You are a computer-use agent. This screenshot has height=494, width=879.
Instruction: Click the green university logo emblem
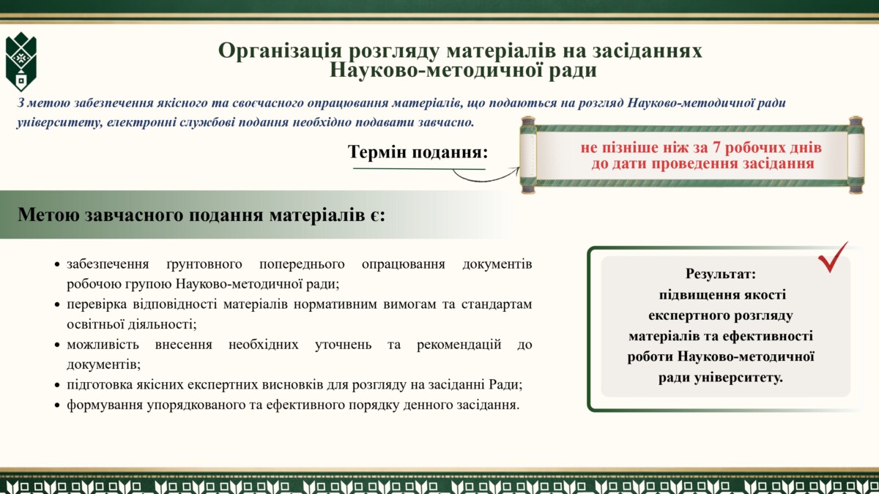click(21, 62)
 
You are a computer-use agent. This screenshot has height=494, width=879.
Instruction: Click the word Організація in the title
click(280, 51)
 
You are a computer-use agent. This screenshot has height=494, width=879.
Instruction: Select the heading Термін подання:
click(418, 152)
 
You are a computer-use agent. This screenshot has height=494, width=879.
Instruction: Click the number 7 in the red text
click(716, 148)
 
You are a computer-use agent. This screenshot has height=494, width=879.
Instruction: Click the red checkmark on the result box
click(833, 257)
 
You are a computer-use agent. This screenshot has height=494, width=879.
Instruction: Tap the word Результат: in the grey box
click(721, 274)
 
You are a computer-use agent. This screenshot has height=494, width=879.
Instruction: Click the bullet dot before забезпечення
click(57, 265)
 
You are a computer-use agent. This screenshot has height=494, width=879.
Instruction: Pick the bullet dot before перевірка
click(57, 304)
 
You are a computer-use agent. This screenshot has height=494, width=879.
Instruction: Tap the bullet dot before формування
click(57, 405)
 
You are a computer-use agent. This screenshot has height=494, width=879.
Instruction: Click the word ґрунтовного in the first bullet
click(204, 264)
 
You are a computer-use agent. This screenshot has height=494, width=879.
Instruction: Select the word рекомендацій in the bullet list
click(459, 345)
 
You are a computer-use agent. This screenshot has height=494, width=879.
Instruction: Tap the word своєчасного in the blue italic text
click(267, 103)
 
